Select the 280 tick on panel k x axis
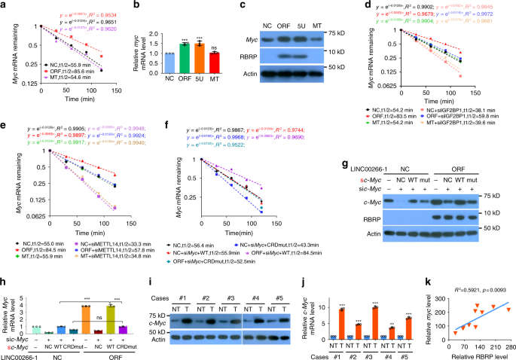coord(505,340)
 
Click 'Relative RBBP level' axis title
coord(473,350)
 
